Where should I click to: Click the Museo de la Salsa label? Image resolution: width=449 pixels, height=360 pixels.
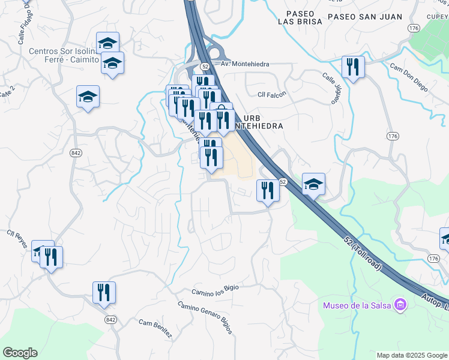357,305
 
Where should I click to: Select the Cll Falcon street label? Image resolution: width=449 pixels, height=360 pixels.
272,94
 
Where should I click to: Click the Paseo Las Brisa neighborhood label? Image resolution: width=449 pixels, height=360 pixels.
300,17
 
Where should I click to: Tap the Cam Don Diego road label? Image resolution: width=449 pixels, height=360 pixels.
409,77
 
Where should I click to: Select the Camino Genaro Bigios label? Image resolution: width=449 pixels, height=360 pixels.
205,317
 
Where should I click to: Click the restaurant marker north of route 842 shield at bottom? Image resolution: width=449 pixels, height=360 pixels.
104,292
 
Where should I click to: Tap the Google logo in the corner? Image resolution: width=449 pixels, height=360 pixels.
19,353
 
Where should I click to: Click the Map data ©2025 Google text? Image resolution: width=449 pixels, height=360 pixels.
412,355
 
